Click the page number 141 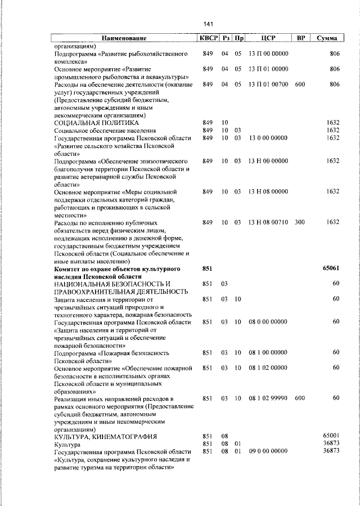click(x=209, y=24)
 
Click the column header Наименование click(x=124, y=38)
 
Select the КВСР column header click(x=207, y=38)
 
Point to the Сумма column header click(x=327, y=38)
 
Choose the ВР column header click(x=301, y=38)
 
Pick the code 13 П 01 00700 click(x=268, y=84)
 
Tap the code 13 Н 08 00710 click(x=268, y=222)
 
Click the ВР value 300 click(x=299, y=222)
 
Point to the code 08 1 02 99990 click(x=268, y=398)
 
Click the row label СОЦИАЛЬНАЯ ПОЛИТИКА click(x=96, y=123)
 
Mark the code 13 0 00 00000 click(x=268, y=138)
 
